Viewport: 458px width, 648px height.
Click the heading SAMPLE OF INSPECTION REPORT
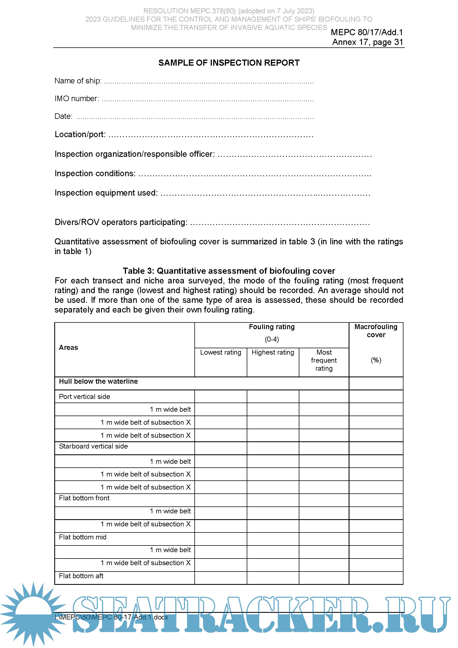(x=229, y=63)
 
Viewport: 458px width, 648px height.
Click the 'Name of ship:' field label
(x=78, y=81)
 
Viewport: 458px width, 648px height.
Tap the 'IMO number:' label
(x=77, y=99)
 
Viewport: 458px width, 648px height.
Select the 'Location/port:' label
(x=80, y=134)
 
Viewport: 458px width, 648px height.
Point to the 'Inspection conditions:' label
(x=95, y=173)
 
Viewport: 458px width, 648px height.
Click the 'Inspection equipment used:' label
(x=106, y=193)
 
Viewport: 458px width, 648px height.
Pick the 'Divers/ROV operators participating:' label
(x=121, y=222)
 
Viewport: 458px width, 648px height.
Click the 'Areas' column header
(x=68, y=347)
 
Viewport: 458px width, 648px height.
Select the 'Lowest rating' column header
(x=220, y=352)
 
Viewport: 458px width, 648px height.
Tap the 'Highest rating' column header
(x=273, y=352)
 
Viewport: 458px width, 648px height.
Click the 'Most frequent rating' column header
(x=324, y=360)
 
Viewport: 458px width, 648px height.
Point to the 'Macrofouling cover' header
(x=376, y=331)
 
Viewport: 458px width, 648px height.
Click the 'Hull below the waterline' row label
(x=98, y=381)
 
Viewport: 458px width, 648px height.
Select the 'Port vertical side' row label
(x=84, y=396)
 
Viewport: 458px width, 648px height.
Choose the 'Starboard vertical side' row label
(x=93, y=446)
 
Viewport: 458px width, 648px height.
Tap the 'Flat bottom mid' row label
(x=82, y=537)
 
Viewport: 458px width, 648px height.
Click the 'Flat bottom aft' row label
(x=81, y=576)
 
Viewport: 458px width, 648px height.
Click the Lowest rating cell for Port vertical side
(x=220, y=396)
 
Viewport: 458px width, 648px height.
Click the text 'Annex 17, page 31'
(x=367, y=42)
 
